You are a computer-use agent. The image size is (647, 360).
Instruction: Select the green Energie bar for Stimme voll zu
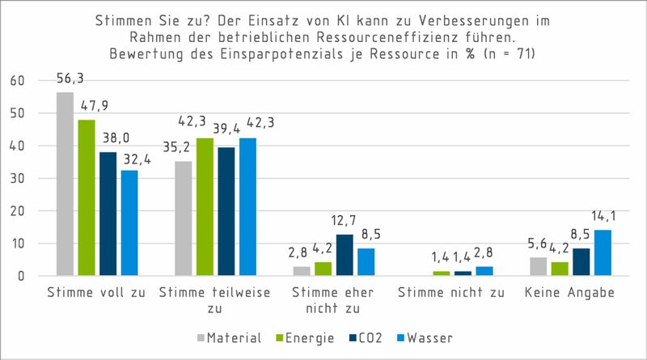pos(87,198)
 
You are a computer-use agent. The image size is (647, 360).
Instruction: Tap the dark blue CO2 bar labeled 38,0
pos(108,214)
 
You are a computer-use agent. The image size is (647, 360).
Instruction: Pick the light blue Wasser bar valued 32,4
pos(129,223)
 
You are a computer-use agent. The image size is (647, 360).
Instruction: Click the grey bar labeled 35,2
pos(183,219)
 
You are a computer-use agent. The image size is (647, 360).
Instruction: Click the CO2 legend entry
pos(365,336)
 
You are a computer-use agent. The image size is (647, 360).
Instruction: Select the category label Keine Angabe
pos(568,294)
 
